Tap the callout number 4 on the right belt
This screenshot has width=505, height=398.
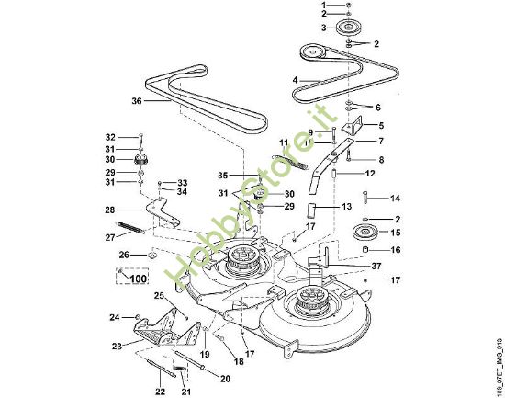click(x=295, y=80)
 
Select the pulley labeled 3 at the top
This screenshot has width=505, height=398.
click(x=350, y=28)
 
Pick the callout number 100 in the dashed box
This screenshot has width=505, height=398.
click(x=138, y=277)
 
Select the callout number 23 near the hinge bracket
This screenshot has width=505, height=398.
click(x=117, y=347)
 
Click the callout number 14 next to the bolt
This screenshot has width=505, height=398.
click(x=396, y=199)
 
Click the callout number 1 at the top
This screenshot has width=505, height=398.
click(x=322, y=6)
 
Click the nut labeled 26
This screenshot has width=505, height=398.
click(x=150, y=254)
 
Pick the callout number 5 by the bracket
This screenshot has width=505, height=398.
click(x=380, y=125)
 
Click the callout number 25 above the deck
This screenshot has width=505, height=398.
click(x=158, y=295)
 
